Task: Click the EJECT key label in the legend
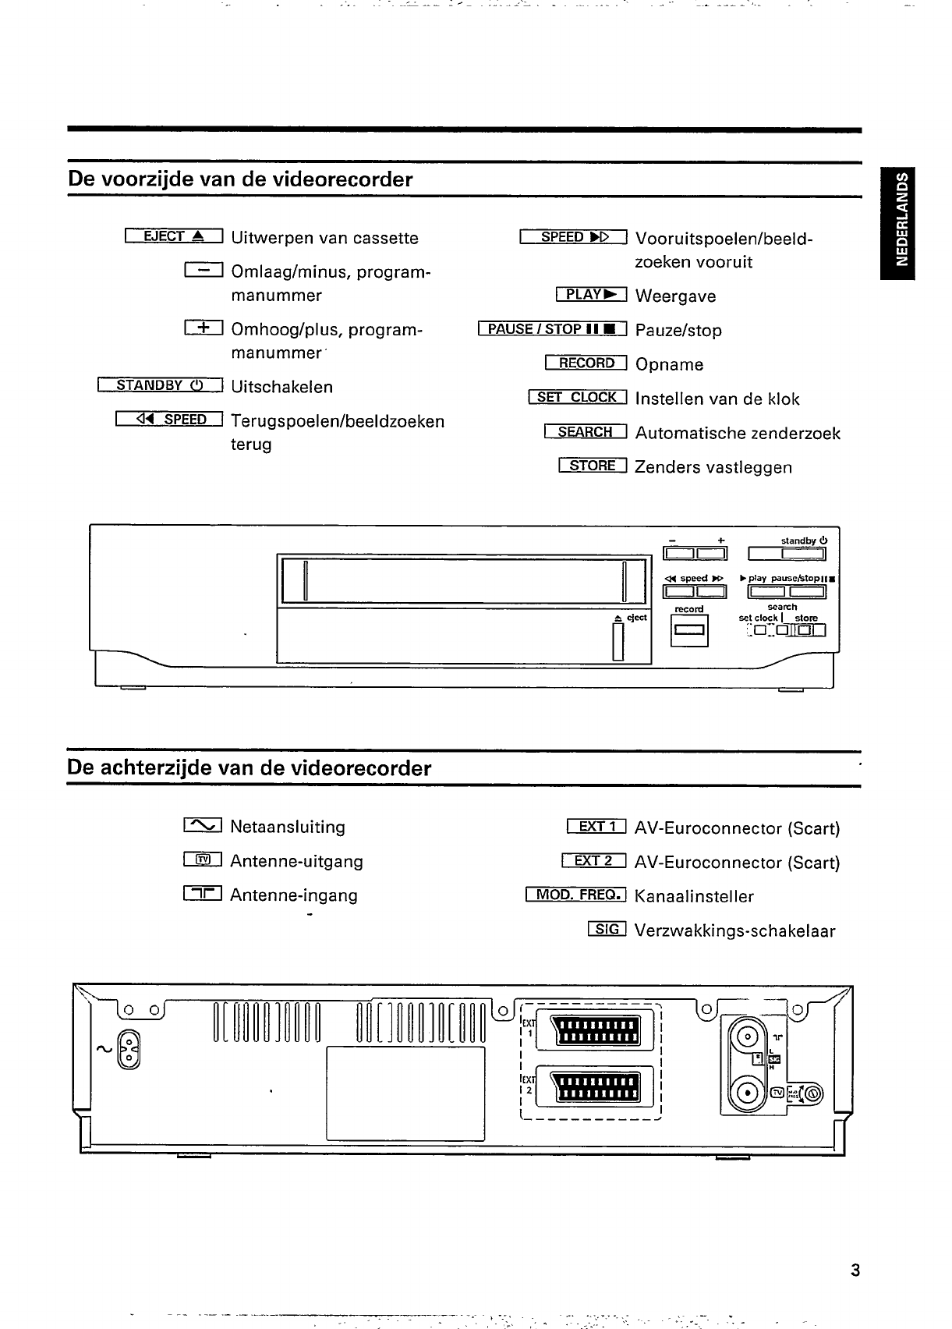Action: tap(174, 236)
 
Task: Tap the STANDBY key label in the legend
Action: tap(161, 385)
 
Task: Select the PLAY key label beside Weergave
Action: tap(592, 294)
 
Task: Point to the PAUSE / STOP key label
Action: tap(553, 329)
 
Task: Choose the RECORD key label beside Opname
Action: tap(586, 363)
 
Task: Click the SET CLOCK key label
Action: tap(578, 397)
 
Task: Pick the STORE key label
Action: tap(593, 466)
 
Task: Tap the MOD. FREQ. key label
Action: tap(576, 894)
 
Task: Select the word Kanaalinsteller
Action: tap(694, 896)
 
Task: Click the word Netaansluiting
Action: tap(288, 827)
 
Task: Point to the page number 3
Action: tap(855, 1271)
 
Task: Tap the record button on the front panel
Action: tap(689, 630)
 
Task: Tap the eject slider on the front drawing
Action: tap(619, 643)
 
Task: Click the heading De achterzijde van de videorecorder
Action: tap(250, 768)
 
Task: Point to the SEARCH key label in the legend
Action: tap(586, 431)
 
